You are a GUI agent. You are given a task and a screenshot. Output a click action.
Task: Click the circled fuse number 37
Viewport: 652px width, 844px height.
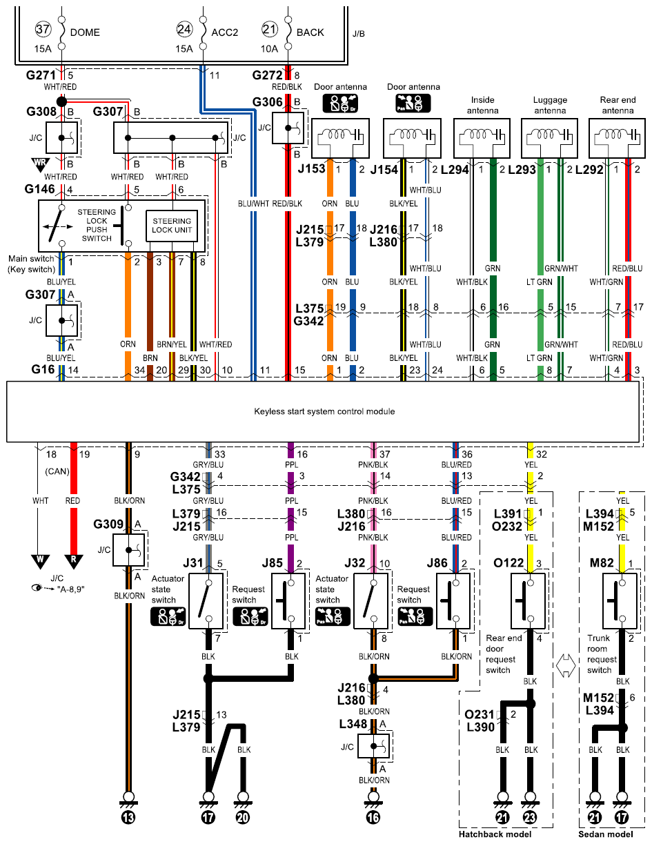(43, 30)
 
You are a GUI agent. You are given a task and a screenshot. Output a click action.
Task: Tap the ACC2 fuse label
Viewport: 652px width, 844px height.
(224, 32)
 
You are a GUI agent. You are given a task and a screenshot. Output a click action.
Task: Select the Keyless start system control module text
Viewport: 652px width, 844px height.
(324, 411)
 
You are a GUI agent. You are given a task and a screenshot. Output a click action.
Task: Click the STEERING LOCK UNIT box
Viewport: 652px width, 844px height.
(172, 226)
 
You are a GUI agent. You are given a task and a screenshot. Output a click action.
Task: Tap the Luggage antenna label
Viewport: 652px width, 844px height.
(550, 106)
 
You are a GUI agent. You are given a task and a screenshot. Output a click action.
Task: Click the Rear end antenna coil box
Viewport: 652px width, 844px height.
(617, 138)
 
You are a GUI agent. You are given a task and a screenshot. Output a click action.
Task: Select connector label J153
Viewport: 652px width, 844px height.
(311, 169)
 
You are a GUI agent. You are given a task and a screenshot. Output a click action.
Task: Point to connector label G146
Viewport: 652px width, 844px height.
(39, 189)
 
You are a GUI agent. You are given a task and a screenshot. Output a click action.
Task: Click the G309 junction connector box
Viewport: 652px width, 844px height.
(128, 550)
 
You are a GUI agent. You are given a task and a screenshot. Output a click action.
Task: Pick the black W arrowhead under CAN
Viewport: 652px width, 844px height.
(41, 562)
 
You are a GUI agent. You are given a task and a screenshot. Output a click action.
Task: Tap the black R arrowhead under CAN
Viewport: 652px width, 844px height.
(73, 562)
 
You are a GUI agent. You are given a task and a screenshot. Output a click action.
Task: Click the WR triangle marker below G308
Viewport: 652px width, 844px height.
(41, 164)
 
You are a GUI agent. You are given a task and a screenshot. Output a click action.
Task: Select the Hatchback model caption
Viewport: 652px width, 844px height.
(495, 834)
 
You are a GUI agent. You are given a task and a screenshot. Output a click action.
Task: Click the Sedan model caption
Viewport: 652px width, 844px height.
(605, 834)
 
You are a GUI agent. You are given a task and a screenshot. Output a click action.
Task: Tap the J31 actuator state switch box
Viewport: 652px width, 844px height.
(206, 601)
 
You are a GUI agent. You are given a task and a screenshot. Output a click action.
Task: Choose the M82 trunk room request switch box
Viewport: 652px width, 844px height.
(620, 601)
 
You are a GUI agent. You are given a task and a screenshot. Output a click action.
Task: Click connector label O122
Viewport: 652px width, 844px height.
(508, 563)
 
